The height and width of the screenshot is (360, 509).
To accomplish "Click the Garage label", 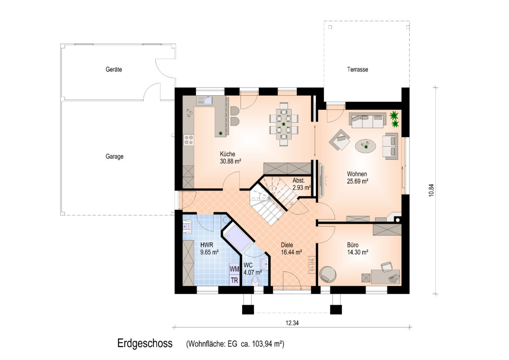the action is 114,157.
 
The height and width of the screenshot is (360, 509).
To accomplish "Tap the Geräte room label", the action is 114,69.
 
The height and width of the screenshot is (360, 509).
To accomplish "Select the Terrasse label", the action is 358,69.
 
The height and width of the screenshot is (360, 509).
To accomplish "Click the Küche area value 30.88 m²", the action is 230,161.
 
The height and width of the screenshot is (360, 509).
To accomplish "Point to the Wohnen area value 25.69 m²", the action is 358,181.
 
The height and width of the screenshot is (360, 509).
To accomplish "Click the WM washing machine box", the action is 234,269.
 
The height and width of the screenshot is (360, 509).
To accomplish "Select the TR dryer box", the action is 234,280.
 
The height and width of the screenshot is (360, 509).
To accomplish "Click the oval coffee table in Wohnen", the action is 366,145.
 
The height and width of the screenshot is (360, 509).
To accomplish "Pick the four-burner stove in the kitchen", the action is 189,140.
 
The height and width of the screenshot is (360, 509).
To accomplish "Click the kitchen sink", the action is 204,101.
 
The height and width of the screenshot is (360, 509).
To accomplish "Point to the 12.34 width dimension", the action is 292,323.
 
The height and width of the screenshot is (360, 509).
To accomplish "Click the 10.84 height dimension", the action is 431,191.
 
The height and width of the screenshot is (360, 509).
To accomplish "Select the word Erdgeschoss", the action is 145,343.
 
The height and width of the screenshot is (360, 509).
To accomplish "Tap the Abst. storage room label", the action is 298,180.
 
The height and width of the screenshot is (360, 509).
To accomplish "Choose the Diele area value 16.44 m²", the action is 291,252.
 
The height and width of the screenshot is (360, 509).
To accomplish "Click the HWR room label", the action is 207,245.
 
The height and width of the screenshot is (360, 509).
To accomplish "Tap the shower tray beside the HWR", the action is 238,238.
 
